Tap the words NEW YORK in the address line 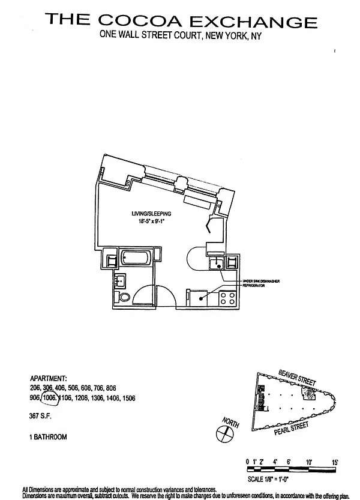tap(238, 37)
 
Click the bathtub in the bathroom tap(137, 259)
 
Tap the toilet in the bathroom tap(124, 297)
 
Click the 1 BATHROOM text tap(49, 437)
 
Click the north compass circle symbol tap(226, 435)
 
